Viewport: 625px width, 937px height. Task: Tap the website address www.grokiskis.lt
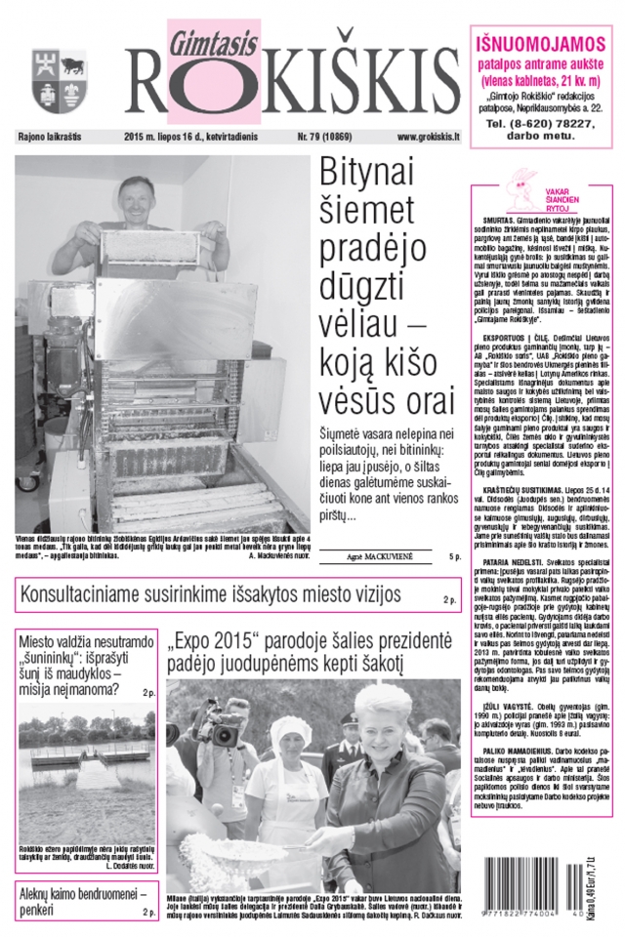(x=428, y=140)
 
